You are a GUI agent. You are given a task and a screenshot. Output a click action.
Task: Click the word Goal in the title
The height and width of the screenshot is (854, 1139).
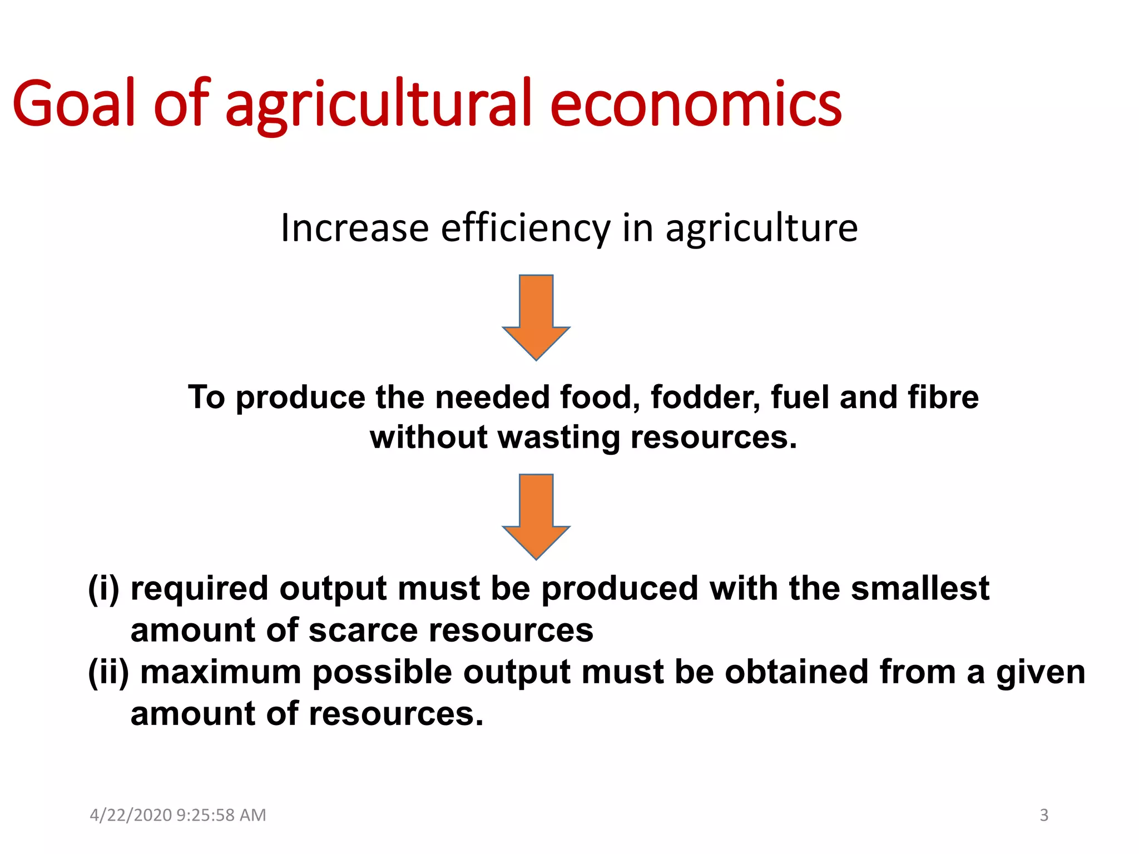(x=73, y=103)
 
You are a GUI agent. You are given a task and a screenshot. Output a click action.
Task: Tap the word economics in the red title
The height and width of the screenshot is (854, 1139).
(x=696, y=103)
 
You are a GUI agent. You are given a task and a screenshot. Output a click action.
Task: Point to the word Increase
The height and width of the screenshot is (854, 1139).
(x=354, y=228)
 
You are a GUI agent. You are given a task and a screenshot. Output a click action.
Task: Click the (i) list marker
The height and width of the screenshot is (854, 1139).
(x=103, y=589)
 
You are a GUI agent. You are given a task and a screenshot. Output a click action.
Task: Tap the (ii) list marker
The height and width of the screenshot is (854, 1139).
(x=108, y=672)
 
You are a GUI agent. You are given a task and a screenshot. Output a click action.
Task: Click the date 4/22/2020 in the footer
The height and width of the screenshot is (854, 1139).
(x=131, y=815)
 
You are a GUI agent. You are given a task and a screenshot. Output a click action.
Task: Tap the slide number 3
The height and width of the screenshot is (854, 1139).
(x=1044, y=815)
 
